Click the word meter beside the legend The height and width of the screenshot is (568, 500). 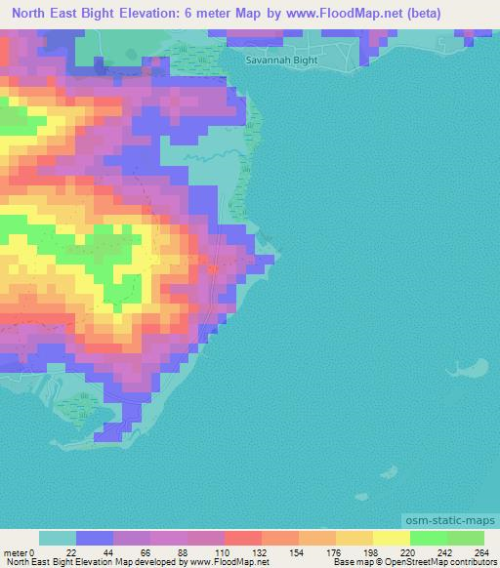[x=15, y=551]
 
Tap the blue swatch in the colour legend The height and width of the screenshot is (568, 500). [x=95, y=538]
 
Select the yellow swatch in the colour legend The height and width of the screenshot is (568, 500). [x=392, y=538]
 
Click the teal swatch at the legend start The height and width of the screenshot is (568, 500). [x=58, y=538]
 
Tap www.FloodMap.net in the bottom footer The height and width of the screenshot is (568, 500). [x=214, y=562]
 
